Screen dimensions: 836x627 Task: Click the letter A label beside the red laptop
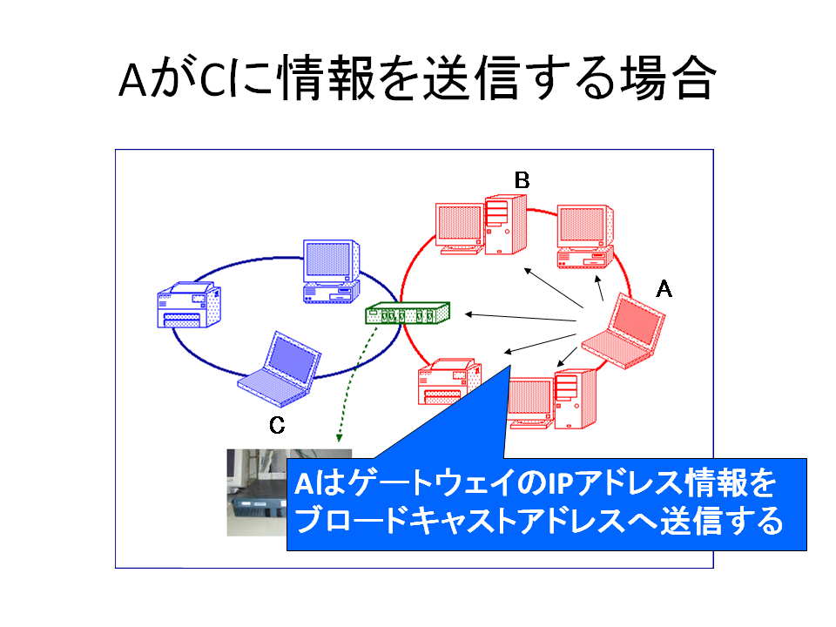[x=664, y=289]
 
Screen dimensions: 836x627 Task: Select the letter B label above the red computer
[x=522, y=180]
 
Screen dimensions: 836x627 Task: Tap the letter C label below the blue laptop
[x=277, y=425]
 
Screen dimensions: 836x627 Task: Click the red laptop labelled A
[x=624, y=331]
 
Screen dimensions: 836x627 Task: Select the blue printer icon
[x=189, y=305]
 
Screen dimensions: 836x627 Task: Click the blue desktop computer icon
[x=331, y=272]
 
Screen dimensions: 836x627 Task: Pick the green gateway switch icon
[x=408, y=313]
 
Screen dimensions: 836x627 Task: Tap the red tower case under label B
[x=505, y=225]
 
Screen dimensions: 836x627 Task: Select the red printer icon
[x=449, y=381]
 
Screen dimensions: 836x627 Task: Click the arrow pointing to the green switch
[x=521, y=318]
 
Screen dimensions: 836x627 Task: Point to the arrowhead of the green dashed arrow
[x=339, y=438]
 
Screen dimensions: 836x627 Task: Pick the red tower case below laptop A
[x=575, y=398]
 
